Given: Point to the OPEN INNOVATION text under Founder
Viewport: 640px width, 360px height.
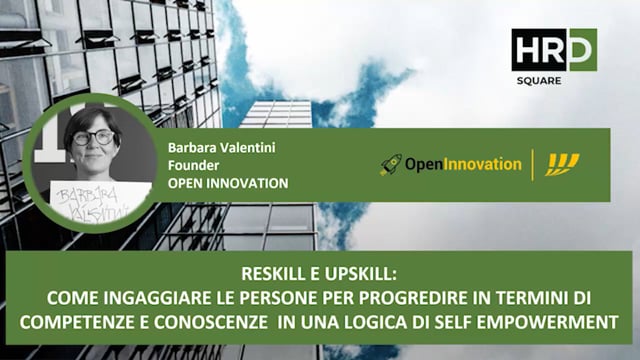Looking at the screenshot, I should pos(228,183).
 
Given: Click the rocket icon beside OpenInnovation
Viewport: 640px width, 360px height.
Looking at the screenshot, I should pos(391,164).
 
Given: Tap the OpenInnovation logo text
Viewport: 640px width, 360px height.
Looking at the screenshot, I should pos(463,164).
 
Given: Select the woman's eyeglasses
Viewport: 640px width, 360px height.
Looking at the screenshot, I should pos(92,137).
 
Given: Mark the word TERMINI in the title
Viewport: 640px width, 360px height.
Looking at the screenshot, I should pos(535,298).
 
